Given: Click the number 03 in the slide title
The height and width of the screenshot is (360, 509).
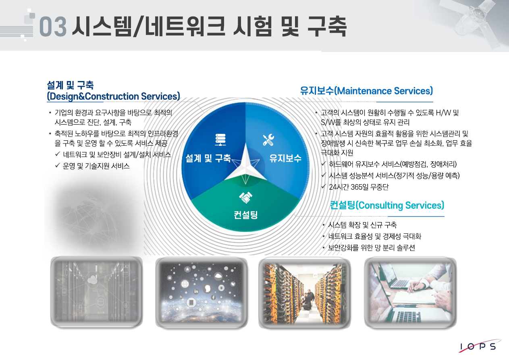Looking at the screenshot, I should (x=53, y=27).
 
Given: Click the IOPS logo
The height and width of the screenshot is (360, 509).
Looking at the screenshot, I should (x=478, y=346).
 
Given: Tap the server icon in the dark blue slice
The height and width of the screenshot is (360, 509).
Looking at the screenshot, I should (x=220, y=140).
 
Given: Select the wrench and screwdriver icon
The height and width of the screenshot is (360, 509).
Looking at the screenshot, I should (x=268, y=139).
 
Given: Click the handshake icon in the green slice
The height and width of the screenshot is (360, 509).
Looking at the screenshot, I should (x=245, y=198).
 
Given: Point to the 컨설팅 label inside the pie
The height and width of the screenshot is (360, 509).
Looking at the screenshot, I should (x=245, y=214).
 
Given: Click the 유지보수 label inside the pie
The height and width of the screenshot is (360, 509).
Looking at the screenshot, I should (x=285, y=158).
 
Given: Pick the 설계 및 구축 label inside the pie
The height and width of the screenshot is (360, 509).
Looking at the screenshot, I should (x=208, y=158).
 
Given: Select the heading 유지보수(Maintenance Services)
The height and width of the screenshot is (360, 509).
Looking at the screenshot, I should (x=366, y=91).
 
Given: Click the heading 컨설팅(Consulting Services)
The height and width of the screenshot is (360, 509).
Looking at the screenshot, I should (x=387, y=205).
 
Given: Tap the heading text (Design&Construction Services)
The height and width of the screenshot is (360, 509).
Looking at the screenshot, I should (x=113, y=96).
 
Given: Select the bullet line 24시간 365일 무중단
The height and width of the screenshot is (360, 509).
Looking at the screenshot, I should (x=358, y=187).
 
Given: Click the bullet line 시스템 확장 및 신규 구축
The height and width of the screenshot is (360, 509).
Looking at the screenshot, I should (x=362, y=225).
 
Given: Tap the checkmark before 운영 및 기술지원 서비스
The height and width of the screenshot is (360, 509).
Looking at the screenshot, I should (x=57, y=166).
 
